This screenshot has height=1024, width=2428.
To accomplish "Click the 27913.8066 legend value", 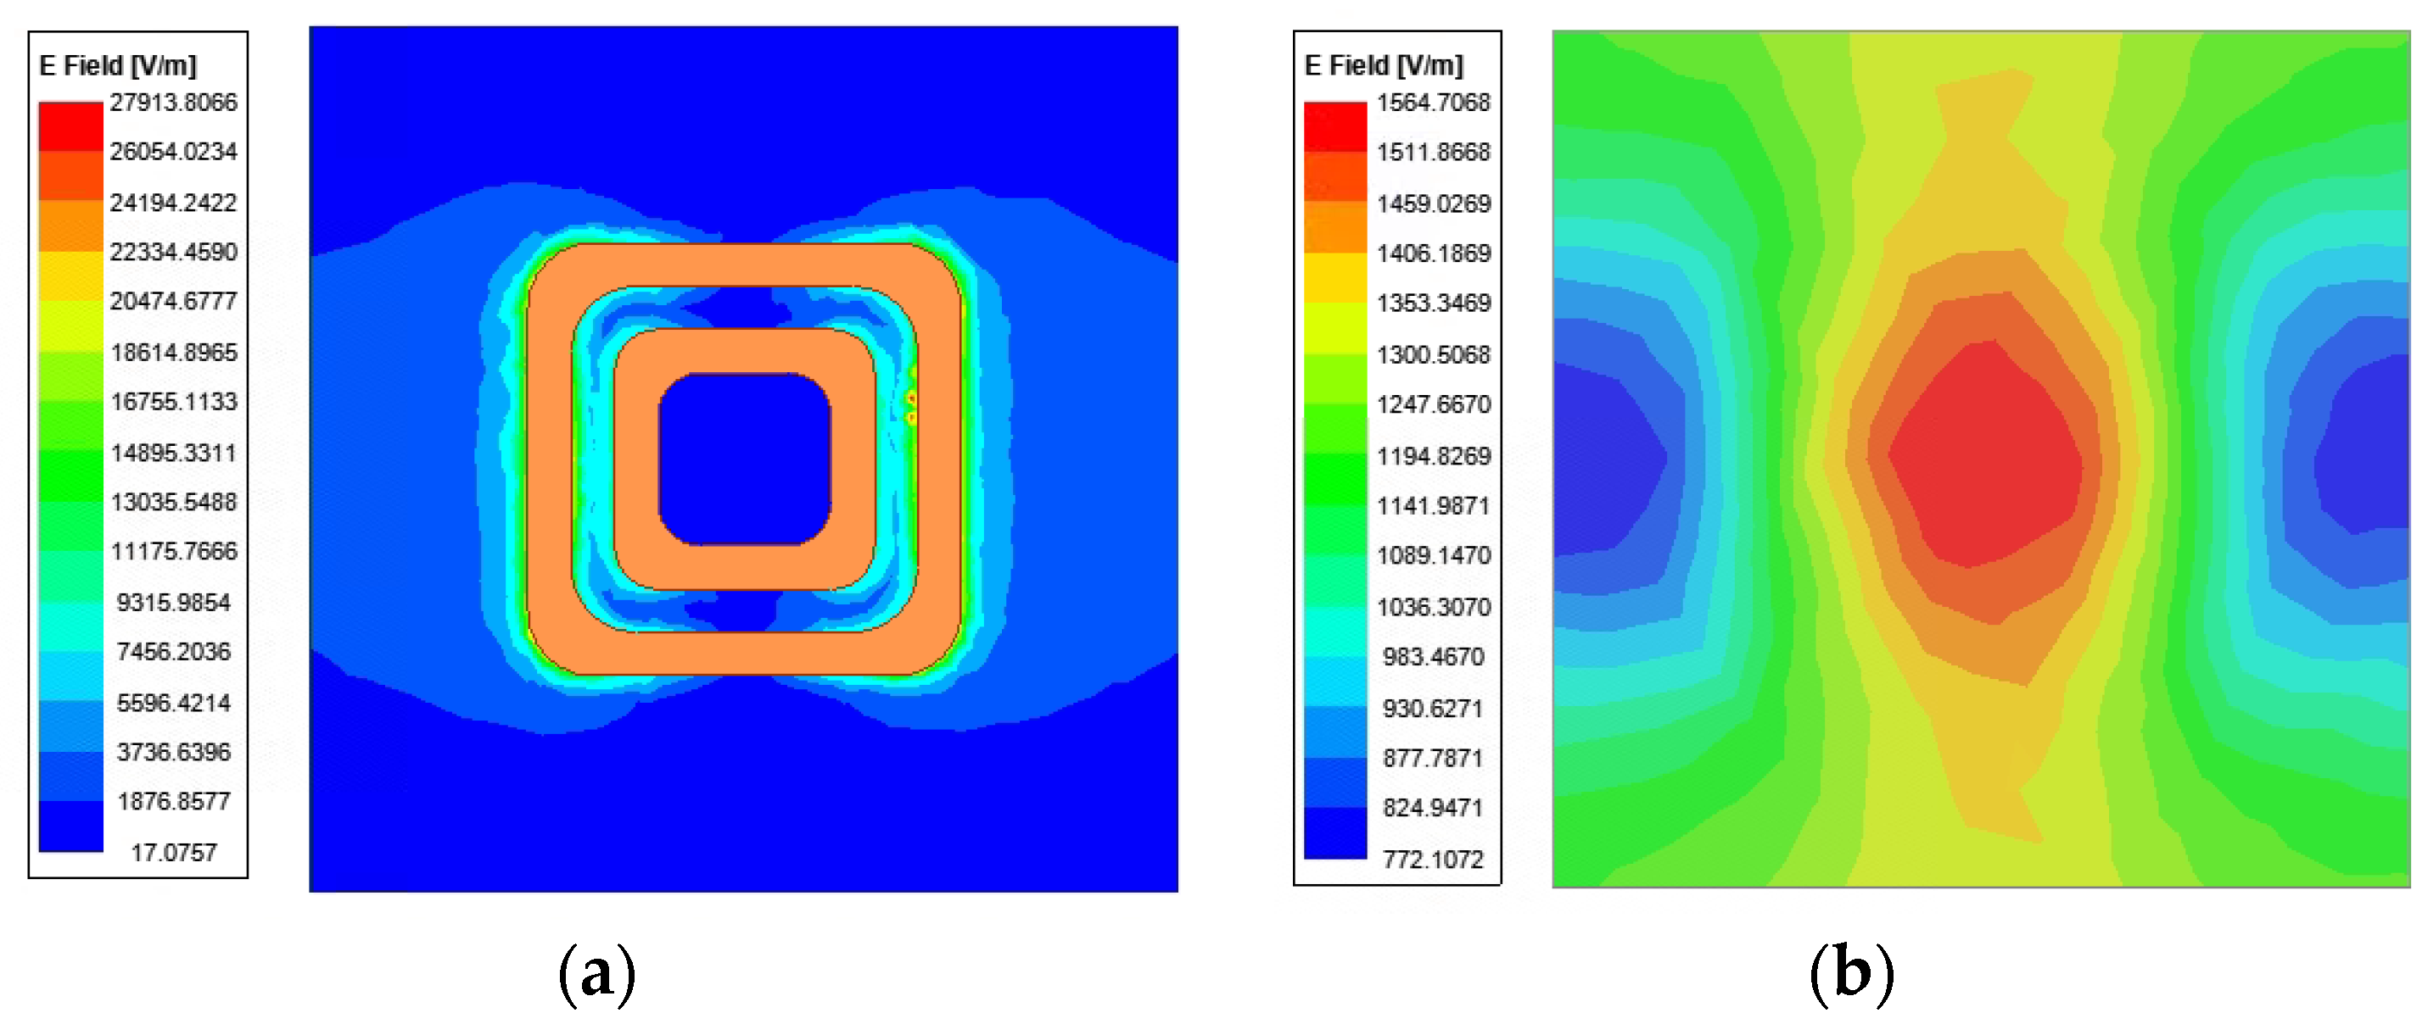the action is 173,102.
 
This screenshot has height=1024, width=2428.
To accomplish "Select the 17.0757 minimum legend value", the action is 173,853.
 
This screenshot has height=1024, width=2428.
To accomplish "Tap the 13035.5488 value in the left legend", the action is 173,502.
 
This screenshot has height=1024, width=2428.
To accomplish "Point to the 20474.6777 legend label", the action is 173,302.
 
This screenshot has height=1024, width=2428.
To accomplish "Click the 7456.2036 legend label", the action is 173,652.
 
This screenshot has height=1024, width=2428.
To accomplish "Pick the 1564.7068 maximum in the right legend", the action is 1433,102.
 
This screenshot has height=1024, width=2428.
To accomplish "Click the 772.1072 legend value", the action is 1433,860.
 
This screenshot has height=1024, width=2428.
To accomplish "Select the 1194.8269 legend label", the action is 1433,456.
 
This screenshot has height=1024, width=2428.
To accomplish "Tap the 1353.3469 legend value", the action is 1433,303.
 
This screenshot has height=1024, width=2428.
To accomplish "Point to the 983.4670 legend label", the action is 1433,657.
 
